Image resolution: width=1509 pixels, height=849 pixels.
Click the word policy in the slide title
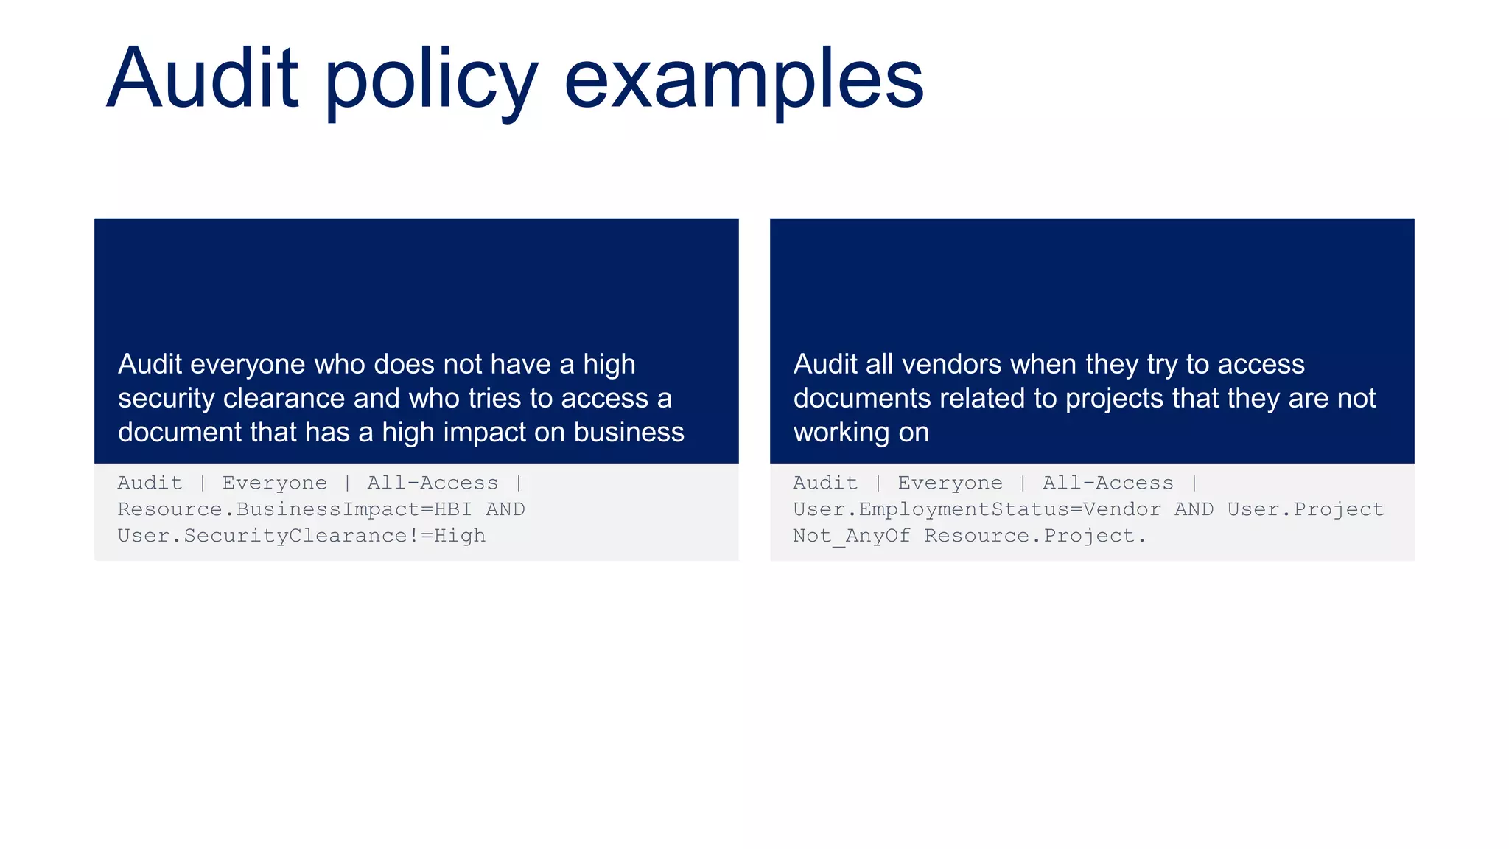click(x=431, y=81)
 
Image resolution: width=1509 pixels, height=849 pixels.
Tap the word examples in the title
click(x=743, y=81)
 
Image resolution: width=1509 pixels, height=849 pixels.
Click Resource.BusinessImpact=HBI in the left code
click(x=295, y=510)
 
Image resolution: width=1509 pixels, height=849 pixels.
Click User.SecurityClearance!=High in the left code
click(x=301, y=536)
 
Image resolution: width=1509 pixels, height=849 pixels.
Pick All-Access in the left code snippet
click(x=433, y=483)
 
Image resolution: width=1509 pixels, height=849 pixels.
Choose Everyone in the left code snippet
click(x=275, y=483)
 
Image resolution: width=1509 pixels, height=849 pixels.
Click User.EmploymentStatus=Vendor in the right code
click(x=976, y=510)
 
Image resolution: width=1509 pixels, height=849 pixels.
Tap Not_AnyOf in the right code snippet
click(x=851, y=536)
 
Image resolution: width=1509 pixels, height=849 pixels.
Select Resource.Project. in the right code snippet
click(x=1035, y=536)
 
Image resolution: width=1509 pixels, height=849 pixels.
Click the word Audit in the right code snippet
click(x=825, y=483)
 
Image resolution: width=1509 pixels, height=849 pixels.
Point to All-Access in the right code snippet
click(x=1107, y=483)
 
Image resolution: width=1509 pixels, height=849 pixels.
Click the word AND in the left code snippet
click(x=505, y=510)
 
